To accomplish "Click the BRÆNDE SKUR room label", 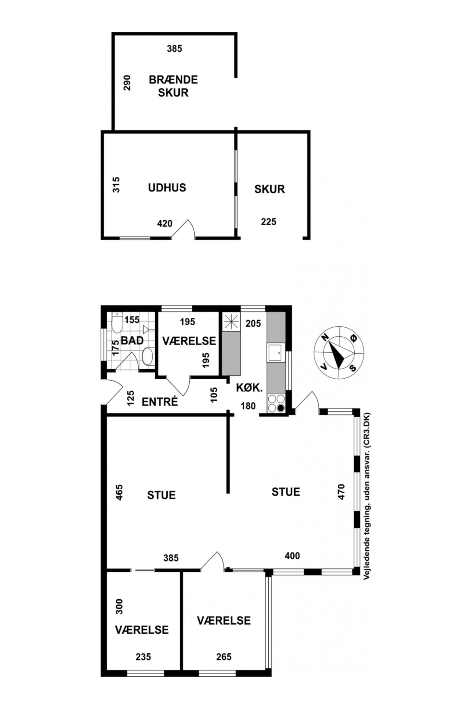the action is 173,86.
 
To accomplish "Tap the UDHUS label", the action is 167,187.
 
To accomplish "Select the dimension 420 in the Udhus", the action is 165,224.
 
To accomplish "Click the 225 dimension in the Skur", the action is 269,222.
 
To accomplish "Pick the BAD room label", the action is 132,341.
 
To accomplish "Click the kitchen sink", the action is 275,353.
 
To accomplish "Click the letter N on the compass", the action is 325,338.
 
